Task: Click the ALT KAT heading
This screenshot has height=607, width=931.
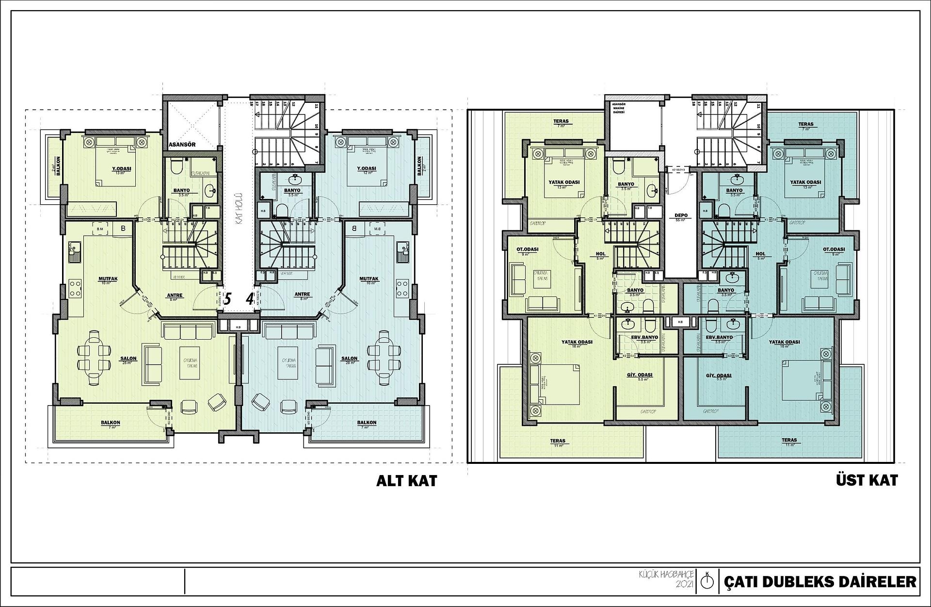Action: (406, 480)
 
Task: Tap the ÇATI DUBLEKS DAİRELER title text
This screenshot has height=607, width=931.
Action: (820, 581)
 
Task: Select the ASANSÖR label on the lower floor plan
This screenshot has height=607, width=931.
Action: (182, 145)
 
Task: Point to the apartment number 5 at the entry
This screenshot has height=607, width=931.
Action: (227, 298)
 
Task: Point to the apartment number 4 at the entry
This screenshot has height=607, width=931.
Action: (249, 298)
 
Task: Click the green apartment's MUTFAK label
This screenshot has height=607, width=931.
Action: (105, 279)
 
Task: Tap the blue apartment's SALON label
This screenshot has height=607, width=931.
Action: (349, 359)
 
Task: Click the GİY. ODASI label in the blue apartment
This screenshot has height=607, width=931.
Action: (718, 376)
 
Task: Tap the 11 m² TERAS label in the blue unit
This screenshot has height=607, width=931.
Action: (789, 440)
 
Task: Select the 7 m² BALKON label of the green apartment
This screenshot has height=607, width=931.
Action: (111, 423)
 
